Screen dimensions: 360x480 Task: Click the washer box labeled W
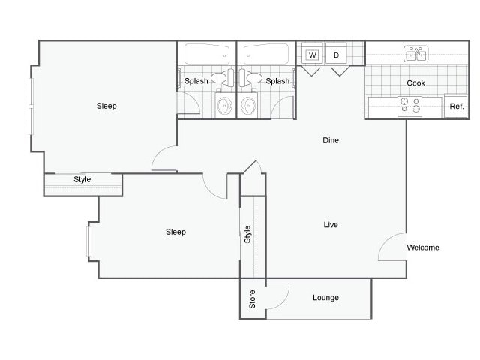pos(312,55)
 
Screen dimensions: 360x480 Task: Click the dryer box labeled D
pos(337,55)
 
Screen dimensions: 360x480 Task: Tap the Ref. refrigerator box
pos(456,106)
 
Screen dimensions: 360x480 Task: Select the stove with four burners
pos(410,106)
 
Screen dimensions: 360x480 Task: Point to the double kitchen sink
pos(415,54)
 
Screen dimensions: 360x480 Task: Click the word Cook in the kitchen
pos(416,83)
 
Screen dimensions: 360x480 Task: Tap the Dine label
pos(331,140)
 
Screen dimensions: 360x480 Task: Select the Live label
pos(331,224)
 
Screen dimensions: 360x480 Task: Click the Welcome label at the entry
pos(423,247)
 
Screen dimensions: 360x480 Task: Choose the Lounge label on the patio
pos(325,298)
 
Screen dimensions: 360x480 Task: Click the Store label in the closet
pos(253,298)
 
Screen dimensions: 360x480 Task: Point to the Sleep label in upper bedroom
pos(106,106)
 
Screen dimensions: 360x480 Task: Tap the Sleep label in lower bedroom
pos(175,232)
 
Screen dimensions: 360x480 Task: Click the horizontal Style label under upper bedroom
pos(82,180)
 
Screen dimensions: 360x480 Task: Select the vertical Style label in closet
pos(247,233)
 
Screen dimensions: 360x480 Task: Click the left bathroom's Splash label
pos(196,81)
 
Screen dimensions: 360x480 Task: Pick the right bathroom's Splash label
pos(277,81)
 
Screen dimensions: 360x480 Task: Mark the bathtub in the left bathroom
pos(206,54)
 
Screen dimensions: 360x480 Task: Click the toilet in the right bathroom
pos(253,77)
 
